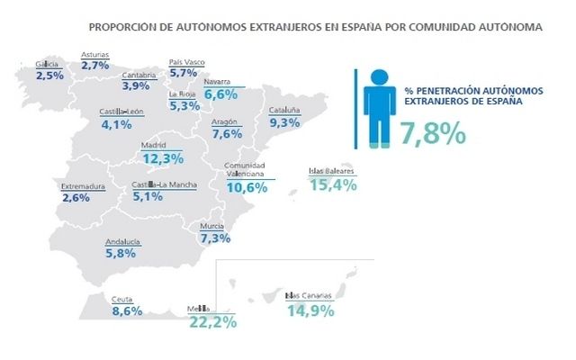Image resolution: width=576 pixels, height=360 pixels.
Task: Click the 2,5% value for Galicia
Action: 49,76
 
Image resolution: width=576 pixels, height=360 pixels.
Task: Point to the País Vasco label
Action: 187,62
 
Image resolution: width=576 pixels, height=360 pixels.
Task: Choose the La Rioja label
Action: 185,94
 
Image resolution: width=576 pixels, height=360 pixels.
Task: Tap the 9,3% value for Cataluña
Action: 284,121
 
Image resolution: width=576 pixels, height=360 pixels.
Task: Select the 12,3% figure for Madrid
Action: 163,158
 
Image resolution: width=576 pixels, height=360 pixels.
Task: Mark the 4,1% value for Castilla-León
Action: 117,125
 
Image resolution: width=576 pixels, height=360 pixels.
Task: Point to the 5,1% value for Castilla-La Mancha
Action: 148,197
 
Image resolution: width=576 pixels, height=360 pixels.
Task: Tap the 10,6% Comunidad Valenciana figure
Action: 247,188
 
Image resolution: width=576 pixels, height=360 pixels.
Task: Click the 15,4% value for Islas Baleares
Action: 333,184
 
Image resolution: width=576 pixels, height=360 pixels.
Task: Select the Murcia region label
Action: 212,225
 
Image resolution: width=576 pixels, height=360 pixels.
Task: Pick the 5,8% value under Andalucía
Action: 121,254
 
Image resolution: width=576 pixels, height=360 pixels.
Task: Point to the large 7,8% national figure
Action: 433,133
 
